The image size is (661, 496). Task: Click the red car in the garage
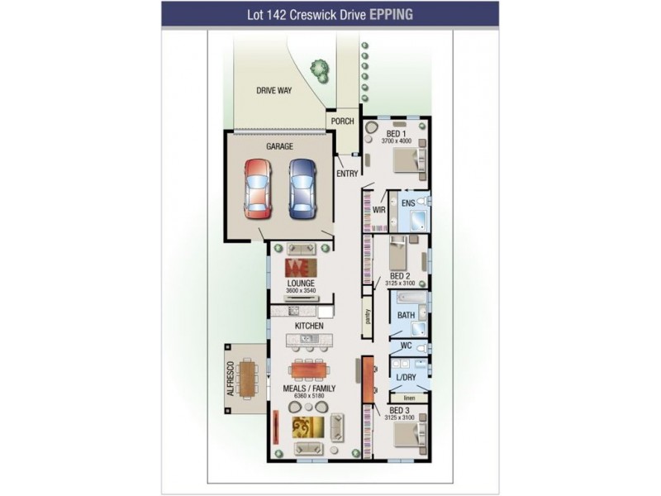coord(257,188)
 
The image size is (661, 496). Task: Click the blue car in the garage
coord(302,187)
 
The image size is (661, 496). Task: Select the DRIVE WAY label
coord(273,91)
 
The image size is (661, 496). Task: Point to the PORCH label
coord(342,122)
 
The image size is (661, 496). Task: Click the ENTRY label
coord(346,174)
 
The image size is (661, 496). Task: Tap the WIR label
coord(379,210)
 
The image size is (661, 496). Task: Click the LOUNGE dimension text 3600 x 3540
coord(301,291)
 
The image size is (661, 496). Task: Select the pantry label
coord(368,317)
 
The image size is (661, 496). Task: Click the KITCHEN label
coord(308,326)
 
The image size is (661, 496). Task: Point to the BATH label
coord(405,315)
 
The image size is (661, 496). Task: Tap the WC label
coord(405,346)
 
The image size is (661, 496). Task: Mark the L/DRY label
coord(406,377)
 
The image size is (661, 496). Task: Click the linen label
coord(409,397)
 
